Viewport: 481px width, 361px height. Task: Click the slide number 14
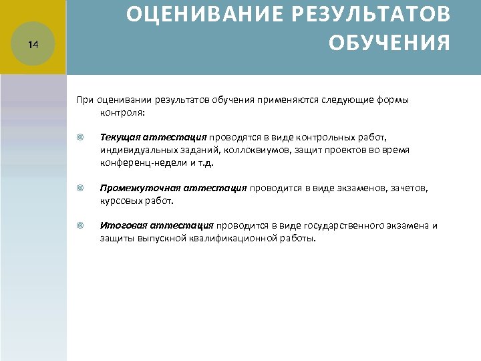pos(34,45)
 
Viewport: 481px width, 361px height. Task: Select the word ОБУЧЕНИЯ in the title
pos(389,43)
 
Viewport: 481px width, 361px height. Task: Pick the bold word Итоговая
pos(122,226)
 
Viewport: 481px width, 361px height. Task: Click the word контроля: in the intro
pos(121,112)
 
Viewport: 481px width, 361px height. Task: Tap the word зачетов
pos(409,189)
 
